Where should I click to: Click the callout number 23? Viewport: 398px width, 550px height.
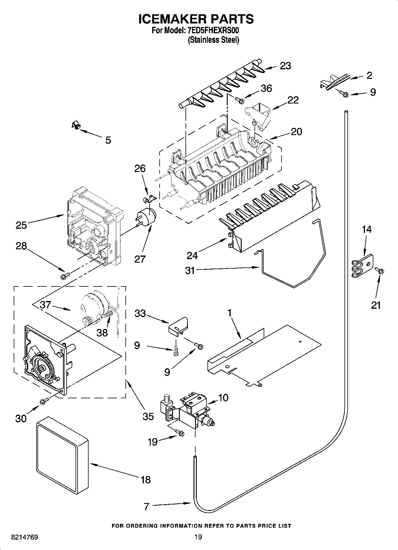[x=285, y=66]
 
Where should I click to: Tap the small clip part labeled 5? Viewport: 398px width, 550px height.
[x=76, y=126]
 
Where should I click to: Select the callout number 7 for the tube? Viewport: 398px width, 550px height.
[x=146, y=506]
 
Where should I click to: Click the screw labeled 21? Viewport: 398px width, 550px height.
[x=379, y=270]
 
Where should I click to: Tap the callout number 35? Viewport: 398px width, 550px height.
[x=148, y=416]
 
